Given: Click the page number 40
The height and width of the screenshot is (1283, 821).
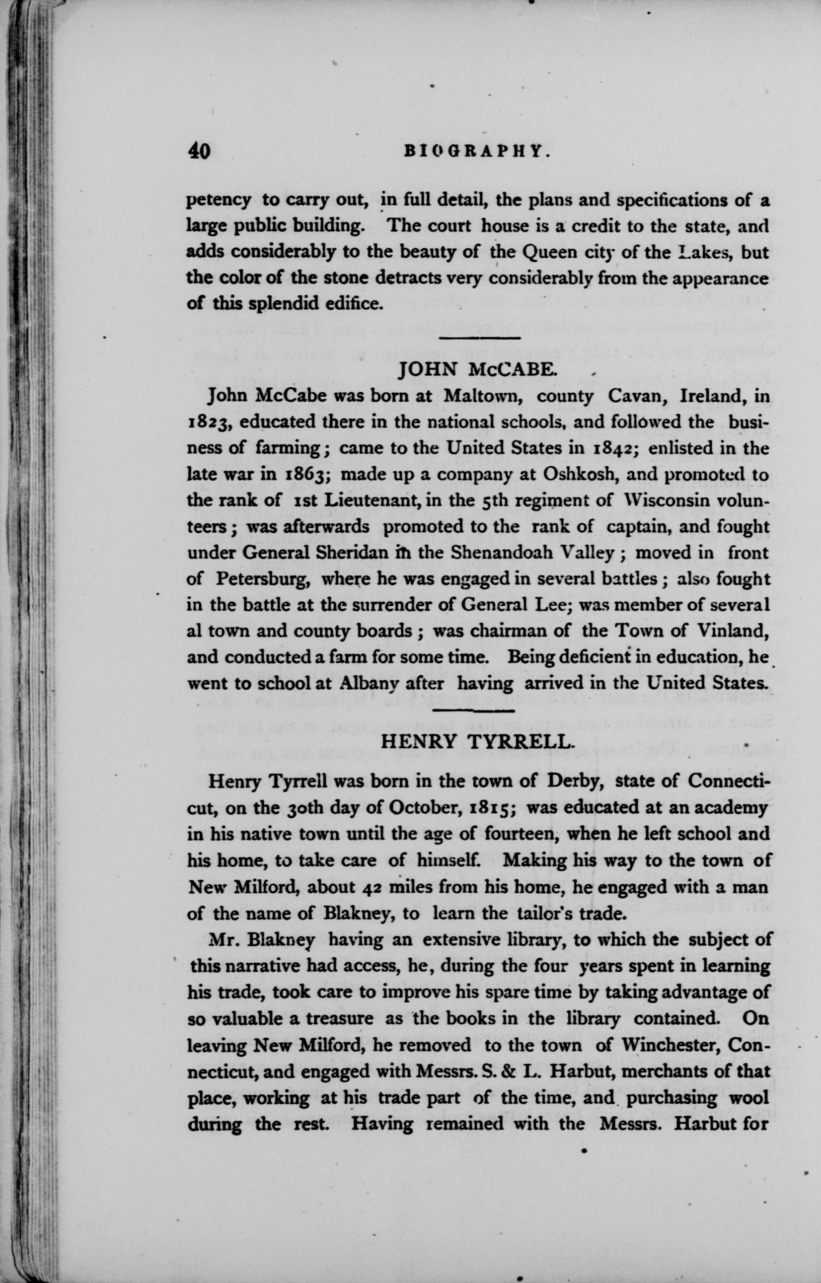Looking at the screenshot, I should tap(199, 151).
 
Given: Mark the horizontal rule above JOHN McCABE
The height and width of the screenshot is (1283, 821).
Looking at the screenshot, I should tap(478, 338).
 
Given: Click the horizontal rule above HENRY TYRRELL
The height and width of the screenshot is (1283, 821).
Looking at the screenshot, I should tap(473, 710).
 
